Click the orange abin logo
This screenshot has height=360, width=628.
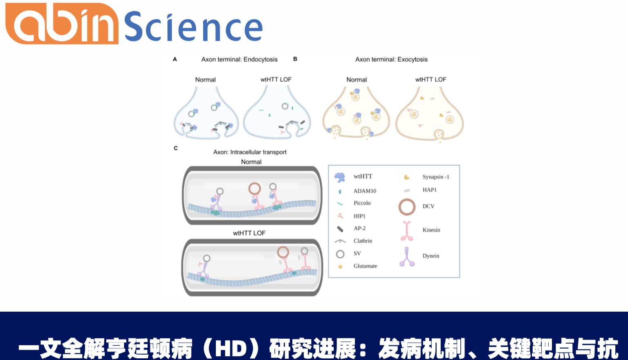point(61,24)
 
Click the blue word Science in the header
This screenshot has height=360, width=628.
point(193,27)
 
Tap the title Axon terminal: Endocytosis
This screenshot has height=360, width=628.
point(239,59)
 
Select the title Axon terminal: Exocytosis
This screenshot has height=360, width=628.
point(391,59)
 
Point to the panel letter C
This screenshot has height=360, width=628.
point(176,148)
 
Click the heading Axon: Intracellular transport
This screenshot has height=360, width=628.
point(250,152)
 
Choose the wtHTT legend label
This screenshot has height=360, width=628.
point(363,176)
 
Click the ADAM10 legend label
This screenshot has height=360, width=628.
point(365,191)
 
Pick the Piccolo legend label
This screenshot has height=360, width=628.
point(362,203)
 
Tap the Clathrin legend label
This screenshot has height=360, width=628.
point(363,241)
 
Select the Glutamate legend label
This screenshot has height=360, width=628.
point(365,266)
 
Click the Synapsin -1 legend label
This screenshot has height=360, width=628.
point(435,177)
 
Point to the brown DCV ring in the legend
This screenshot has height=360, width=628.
point(407,207)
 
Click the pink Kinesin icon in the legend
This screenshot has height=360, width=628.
point(407,231)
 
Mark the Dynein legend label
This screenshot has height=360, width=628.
point(431,256)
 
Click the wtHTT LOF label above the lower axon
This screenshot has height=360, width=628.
point(249,233)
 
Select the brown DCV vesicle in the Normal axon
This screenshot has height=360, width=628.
point(254,189)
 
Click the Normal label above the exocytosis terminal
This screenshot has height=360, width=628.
point(357,80)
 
